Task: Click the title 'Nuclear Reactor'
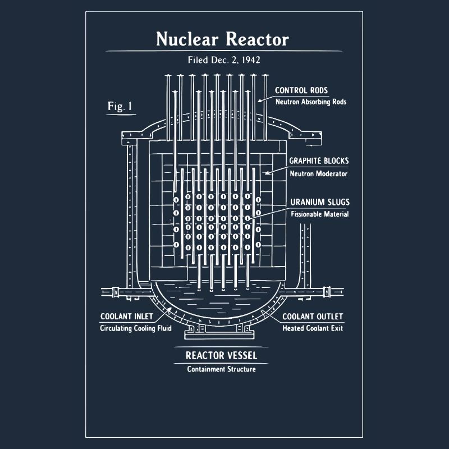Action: [222, 39]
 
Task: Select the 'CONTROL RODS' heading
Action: [301, 90]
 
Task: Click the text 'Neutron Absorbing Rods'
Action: [311, 102]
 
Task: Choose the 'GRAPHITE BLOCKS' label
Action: [319, 161]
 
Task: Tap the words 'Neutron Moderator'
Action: [318, 173]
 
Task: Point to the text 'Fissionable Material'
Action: [319, 214]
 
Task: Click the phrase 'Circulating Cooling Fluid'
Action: [136, 328]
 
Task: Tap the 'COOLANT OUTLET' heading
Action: [313, 317]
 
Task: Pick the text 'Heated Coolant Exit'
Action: [313, 328]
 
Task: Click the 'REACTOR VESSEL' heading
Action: [221, 355]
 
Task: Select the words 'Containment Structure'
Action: [221, 369]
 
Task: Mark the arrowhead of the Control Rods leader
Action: [259, 100]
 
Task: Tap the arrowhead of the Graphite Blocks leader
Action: [267, 173]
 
